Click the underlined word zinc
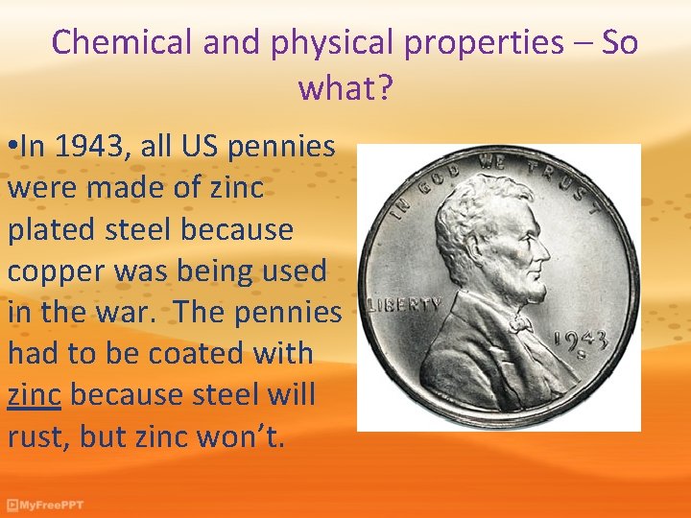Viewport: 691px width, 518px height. [x=35, y=394]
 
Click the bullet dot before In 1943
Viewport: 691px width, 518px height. [x=12, y=148]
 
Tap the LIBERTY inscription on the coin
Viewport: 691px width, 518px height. [x=404, y=304]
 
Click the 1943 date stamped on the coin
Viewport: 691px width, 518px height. [x=580, y=341]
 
